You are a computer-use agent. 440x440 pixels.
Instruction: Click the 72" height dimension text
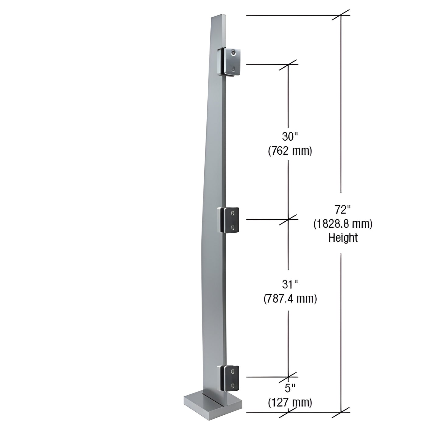click(x=343, y=210)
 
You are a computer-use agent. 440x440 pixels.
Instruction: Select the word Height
click(x=343, y=238)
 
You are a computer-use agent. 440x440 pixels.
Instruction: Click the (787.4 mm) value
click(x=290, y=299)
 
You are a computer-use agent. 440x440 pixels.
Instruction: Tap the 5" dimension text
click(x=290, y=388)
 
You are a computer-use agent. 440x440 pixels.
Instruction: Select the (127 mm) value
click(x=290, y=403)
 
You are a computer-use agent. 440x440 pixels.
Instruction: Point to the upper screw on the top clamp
click(x=233, y=53)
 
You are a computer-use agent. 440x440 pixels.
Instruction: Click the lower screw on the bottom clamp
click(x=233, y=385)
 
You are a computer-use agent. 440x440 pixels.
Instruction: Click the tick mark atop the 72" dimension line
click(x=341, y=15)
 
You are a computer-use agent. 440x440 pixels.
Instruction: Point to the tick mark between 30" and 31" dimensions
click(x=288, y=219)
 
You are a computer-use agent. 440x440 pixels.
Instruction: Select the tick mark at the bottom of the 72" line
click(x=341, y=412)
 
